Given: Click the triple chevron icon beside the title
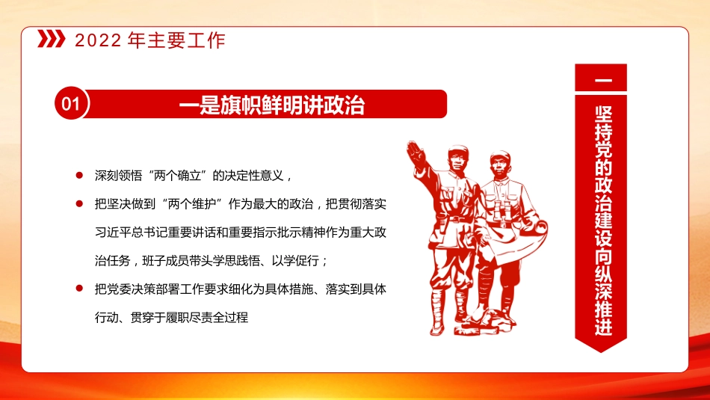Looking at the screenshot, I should click(50, 40).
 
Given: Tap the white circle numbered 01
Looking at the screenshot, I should click(69, 105).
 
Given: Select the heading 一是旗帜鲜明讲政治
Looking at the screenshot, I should click(272, 105).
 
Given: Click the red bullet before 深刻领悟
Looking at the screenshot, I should click(78, 176).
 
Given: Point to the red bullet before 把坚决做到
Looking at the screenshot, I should click(78, 203).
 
